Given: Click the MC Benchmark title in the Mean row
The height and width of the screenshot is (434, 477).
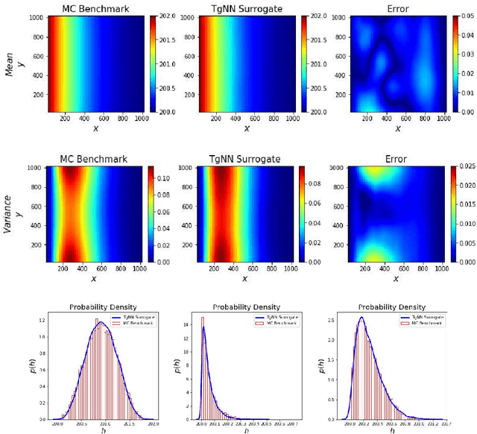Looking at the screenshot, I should point(95,7).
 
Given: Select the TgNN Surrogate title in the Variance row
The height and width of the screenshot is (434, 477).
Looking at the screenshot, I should point(245,160).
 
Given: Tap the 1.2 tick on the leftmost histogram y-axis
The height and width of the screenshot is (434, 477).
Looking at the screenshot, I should point(42,320).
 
